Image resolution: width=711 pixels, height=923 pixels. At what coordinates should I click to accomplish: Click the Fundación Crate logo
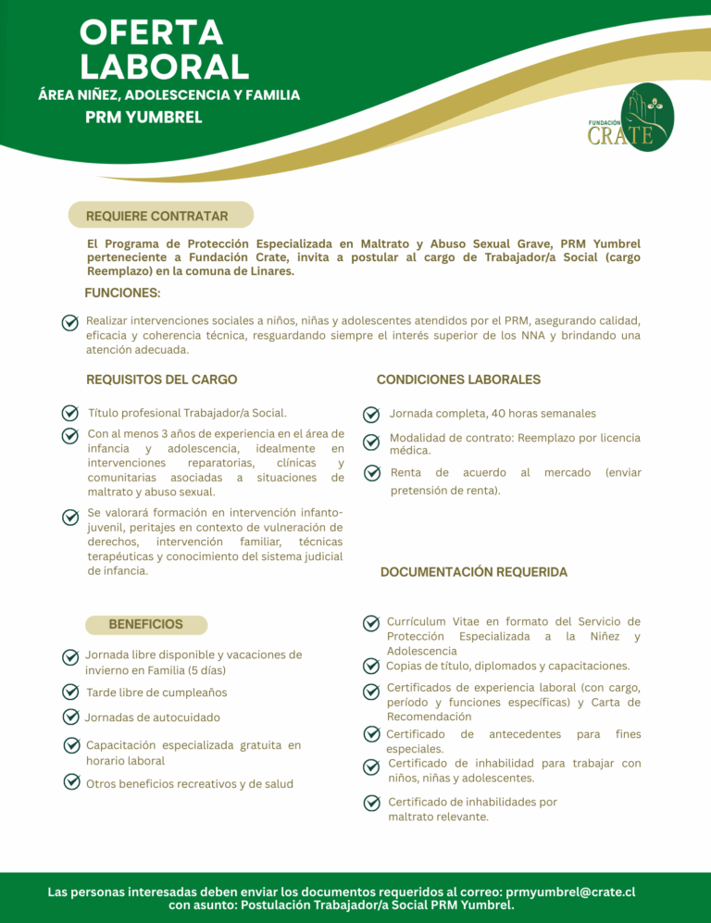pyautogui.click(x=633, y=118)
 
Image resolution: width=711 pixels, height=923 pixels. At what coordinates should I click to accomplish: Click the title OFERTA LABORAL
pyautogui.click(x=164, y=50)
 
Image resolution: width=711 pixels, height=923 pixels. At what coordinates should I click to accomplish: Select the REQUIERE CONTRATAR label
pyautogui.click(x=157, y=216)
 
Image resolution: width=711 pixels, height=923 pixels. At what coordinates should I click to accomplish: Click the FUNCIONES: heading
pyautogui.click(x=122, y=293)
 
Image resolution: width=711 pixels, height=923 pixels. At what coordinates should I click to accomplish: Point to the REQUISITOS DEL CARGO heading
pyautogui.click(x=161, y=380)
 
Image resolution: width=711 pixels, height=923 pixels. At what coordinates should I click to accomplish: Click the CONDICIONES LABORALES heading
pyautogui.click(x=458, y=380)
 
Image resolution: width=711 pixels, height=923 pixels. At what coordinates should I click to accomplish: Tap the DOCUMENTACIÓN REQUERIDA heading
pyautogui.click(x=474, y=572)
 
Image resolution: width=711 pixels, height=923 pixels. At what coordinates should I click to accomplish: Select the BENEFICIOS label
pyautogui.click(x=145, y=624)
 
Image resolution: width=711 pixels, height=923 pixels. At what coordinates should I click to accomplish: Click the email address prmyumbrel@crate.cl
pyautogui.click(x=570, y=892)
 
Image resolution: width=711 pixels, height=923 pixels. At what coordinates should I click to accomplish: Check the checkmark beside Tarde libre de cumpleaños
pyautogui.click(x=70, y=692)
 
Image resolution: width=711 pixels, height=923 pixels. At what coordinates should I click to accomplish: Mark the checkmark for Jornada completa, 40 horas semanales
pyautogui.click(x=371, y=414)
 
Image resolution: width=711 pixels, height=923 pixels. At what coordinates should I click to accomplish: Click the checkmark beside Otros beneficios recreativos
pyautogui.click(x=70, y=782)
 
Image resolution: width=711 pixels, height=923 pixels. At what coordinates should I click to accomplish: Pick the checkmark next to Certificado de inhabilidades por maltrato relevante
pyautogui.click(x=371, y=802)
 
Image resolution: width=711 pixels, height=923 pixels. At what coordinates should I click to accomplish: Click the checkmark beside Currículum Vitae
pyautogui.click(x=370, y=623)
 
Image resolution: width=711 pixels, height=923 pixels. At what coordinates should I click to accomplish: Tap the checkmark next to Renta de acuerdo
pyautogui.click(x=371, y=473)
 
